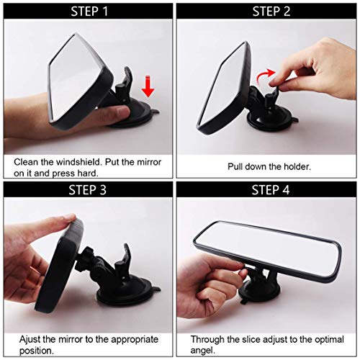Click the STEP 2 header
[x=271, y=11]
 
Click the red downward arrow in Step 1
[x=148, y=88]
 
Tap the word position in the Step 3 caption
[x=23, y=351]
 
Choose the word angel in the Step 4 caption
[x=204, y=351]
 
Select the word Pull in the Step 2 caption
[x=236, y=166]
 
